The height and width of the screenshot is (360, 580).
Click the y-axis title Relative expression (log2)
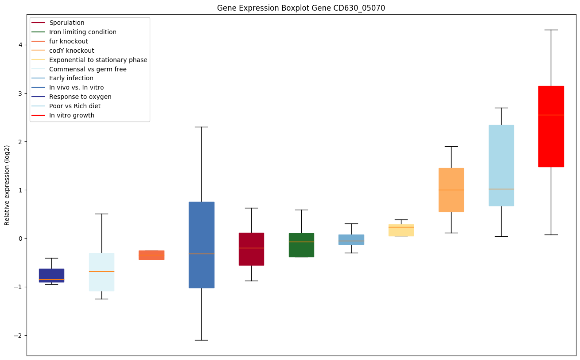tap(7, 185)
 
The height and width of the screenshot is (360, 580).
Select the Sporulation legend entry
tap(67, 23)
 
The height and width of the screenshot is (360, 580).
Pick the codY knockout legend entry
tap(72, 51)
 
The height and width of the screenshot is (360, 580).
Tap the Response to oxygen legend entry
tap(80, 97)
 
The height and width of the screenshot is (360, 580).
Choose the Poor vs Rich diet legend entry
tap(75, 106)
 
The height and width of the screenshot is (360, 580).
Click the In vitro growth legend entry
tap(72, 115)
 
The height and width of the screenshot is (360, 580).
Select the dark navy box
tap(51, 275)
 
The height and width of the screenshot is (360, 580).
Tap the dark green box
tap(301, 245)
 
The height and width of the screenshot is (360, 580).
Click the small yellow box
tap(401, 230)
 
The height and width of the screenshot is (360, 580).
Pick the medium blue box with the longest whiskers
tap(201, 245)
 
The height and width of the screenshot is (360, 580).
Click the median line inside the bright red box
tap(551, 115)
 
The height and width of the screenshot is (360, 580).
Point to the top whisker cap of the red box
tap(551, 30)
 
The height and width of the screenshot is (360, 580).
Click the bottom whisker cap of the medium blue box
tap(201, 340)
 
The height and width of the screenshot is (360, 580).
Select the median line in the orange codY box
tap(451, 190)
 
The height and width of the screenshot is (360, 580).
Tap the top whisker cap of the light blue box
tap(501, 108)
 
